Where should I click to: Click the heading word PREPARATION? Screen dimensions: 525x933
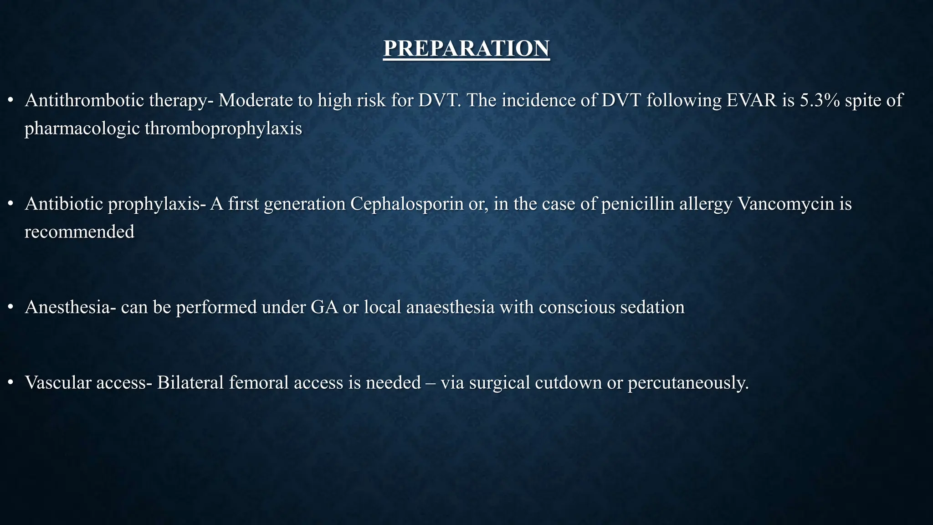pos(466,49)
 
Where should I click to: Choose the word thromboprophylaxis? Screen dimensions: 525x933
pos(223,129)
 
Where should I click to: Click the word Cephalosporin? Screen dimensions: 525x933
pos(407,204)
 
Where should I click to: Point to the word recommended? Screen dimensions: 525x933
pos(79,232)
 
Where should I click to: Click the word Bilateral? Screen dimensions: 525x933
pos(190,382)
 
